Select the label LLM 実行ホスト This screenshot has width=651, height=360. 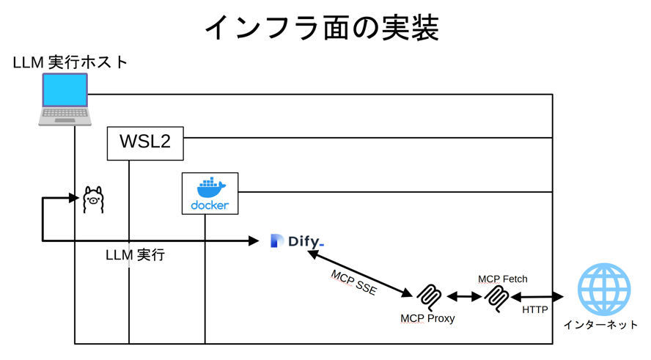pyautogui.click(x=70, y=62)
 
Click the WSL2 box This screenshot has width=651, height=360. pyautogui.click(x=145, y=142)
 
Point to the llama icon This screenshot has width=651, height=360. pyautogui.click(x=93, y=199)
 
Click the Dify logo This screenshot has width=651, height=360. pyautogui.click(x=297, y=240)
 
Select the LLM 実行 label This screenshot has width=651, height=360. pyautogui.click(x=135, y=255)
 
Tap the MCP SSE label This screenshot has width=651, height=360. pyautogui.click(x=353, y=282)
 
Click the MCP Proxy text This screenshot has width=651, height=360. pyautogui.click(x=427, y=318)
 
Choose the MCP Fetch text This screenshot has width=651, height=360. pyautogui.click(x=503, y=279)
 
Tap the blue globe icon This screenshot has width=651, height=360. pyautogui.click(x=604, y=289)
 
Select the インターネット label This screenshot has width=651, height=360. pyautogui.click(x=600, y=325)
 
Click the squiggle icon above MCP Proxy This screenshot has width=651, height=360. pyautogui.click(x=429, y=296)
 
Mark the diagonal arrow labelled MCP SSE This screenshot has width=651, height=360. pyautogui.click(x=360, y=273)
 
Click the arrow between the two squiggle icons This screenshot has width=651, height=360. pyautogui.click(x=463, y=297)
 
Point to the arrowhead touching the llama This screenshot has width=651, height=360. pyautogui.click(x=73, y=198)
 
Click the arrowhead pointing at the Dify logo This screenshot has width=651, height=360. pyautogui.click(x=254, y=240)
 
